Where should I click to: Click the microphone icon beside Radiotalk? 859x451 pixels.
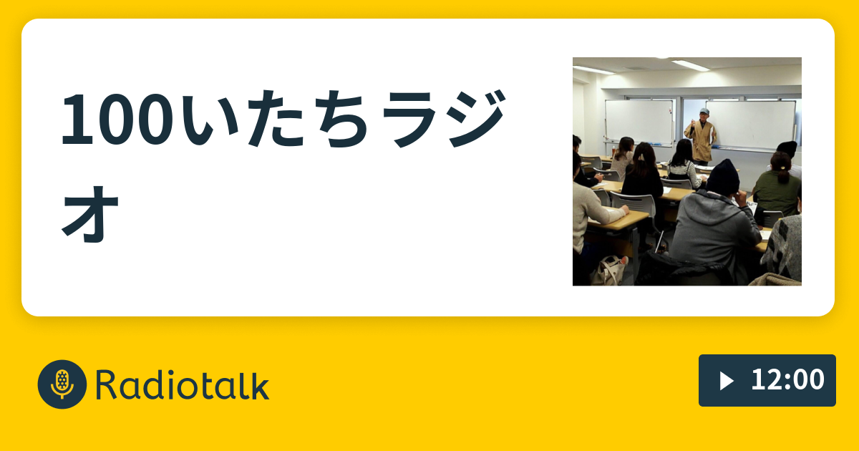pos(62,384)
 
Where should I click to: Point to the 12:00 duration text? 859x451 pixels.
pos(787,380)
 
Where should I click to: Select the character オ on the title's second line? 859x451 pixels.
pos(90,212)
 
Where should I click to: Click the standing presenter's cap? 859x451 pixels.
pos(704,112)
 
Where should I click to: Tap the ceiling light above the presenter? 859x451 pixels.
pos(690,65)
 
